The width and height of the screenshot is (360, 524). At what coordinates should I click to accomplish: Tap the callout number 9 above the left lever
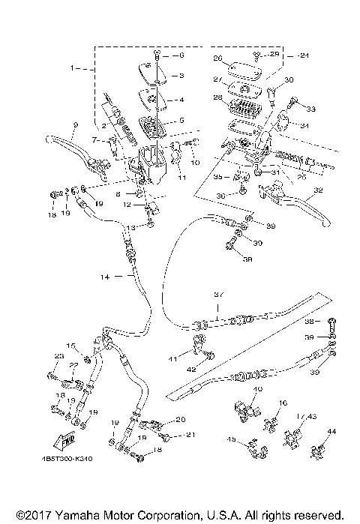[75, 124]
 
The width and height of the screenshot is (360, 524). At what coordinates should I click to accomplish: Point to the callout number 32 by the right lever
[319, 190]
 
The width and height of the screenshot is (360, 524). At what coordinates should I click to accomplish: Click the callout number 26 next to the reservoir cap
[218, 58]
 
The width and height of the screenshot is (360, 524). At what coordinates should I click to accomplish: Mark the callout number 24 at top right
[303, 55]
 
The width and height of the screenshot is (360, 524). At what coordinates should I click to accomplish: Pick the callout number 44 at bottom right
[331, 432]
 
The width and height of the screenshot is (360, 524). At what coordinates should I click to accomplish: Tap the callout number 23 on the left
[59, 355]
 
